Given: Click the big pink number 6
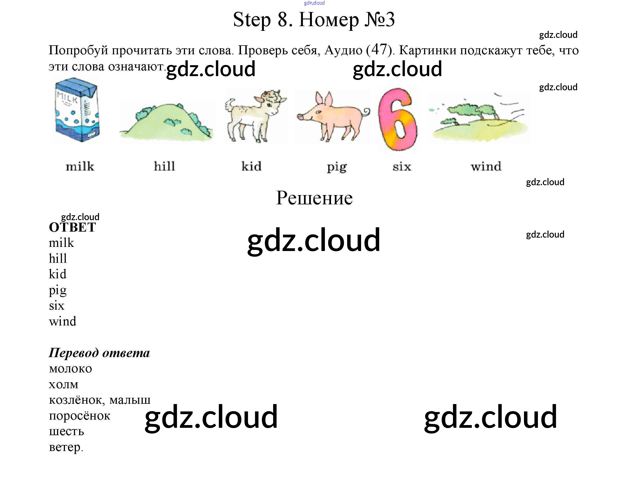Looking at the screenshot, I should [x=398, y=119].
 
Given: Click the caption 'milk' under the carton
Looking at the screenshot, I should [x=80, y=166].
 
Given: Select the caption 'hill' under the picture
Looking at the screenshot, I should [x=165, y=166].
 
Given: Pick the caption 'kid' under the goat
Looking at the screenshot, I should [x=252, y=166].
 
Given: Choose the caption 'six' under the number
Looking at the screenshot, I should [x=402, y=166].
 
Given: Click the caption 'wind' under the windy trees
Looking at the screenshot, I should [x=486, y=166].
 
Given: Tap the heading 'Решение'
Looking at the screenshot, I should [x=314, y=198].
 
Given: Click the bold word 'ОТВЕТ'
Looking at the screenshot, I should [x=72, y=228].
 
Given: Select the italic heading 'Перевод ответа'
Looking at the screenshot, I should [x=99, y=353].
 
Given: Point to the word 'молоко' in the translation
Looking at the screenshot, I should [x=71, y=369].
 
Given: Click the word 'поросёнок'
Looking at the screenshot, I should [x=80, y=416].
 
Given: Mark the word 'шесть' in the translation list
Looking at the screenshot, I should [x=67, y=431].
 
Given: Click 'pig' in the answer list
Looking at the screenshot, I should [x=58, y=290].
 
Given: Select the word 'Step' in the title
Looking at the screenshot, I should [x=252, y=20].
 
